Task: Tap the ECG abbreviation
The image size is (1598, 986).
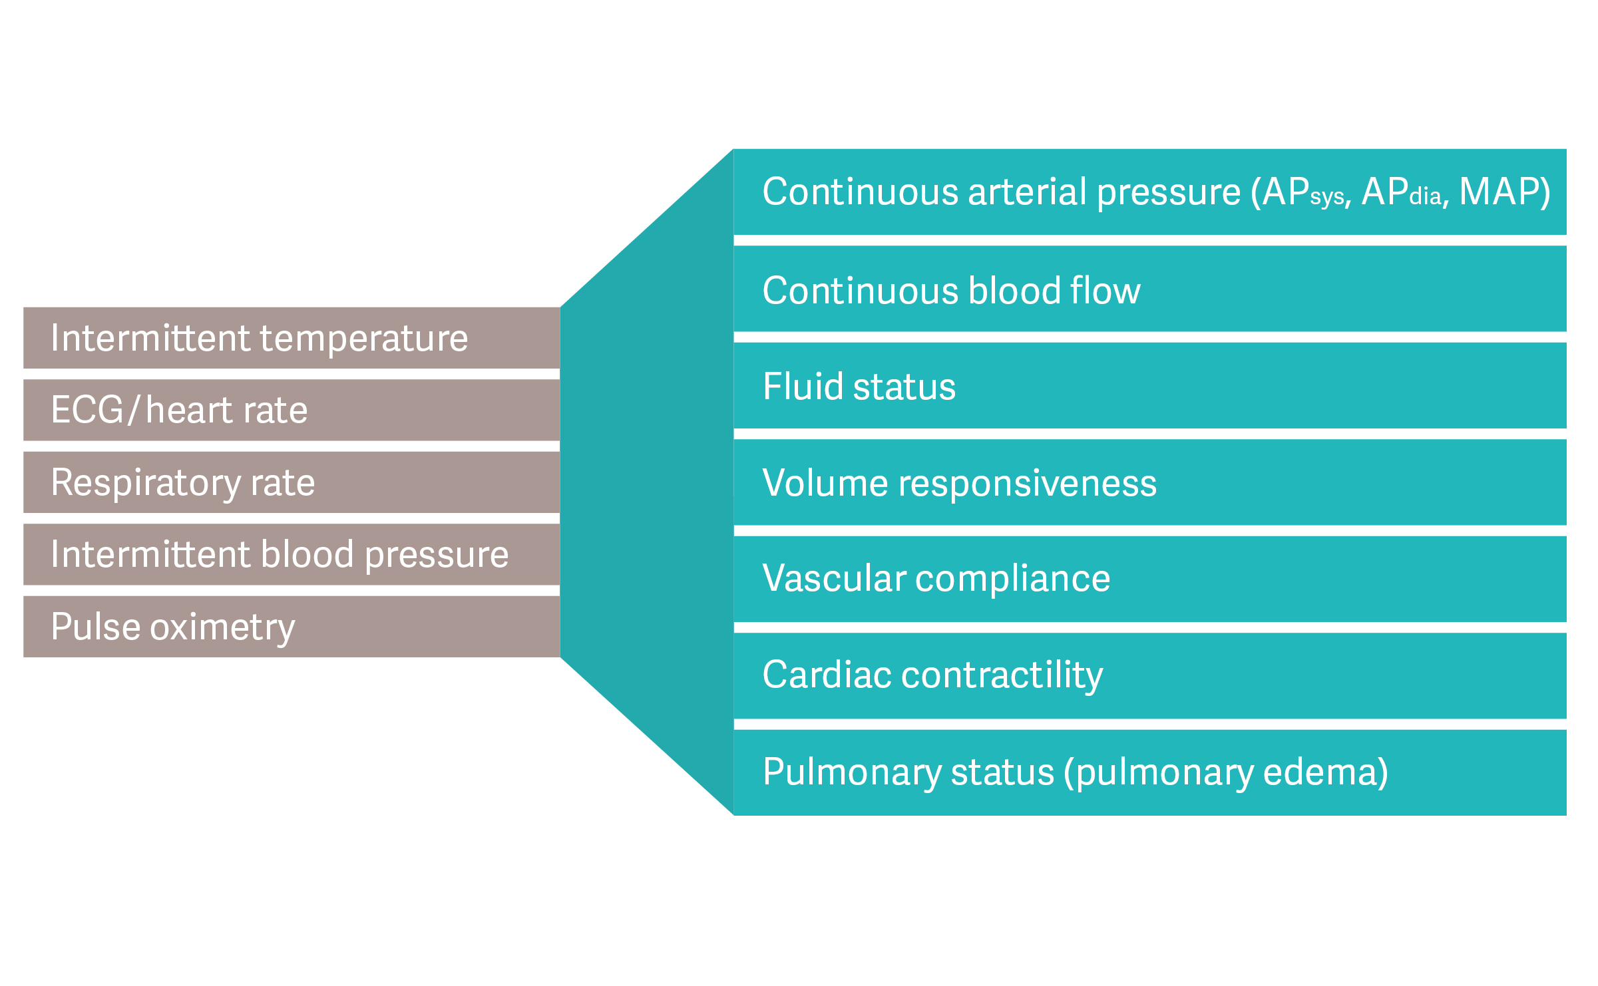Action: (87, 410)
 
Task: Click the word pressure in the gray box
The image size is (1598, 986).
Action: (437, 555)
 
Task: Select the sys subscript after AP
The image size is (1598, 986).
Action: (1328, 198)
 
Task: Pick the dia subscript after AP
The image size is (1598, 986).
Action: (1425, 197)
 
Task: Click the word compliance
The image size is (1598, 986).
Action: (1012, 578)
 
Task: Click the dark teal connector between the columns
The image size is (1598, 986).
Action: (646, 482)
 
